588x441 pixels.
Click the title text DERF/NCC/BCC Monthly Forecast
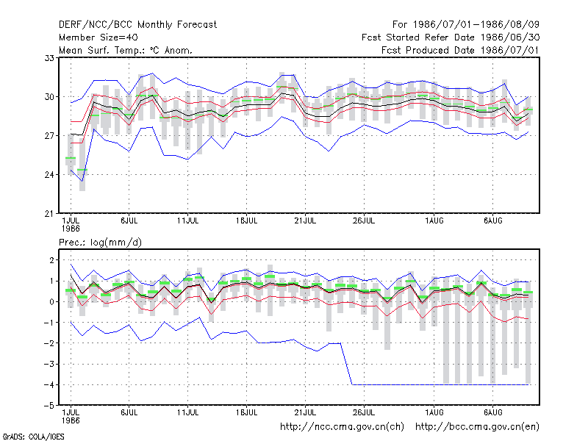click(137, 25)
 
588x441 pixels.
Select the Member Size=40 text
click(98, 37)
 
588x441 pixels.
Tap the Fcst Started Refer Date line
click(451, 37)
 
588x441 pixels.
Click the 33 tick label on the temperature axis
click(49, 58)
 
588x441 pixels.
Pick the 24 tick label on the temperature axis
click(49, 175)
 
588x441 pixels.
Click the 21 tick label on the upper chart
click(49, 214)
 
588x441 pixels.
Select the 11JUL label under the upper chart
click(188, 221)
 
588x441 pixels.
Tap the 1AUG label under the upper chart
click(434, 221)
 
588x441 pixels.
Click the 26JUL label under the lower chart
click(364, 412)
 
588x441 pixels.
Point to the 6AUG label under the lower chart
click(492, 412)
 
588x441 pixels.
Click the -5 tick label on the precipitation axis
click(49, 406)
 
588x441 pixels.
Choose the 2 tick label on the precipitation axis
click(51, 260)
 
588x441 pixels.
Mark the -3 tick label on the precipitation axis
click(49, 364)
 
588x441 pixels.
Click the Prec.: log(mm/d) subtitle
click(100, 243)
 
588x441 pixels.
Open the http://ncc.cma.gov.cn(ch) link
click(342, 427)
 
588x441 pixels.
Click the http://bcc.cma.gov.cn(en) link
click(477, 427)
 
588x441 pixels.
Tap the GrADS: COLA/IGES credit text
click(33, 437)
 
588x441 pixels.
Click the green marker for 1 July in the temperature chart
click(71, 158)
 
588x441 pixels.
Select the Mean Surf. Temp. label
click(102, 50)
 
